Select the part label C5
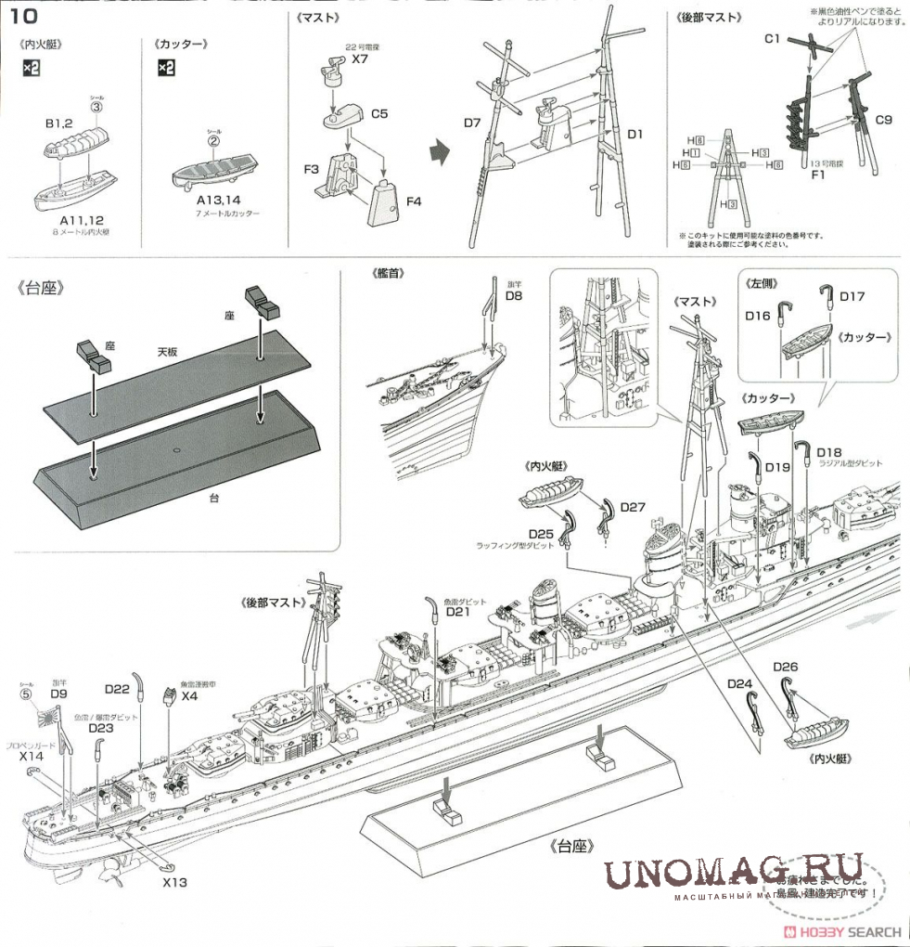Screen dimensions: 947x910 [x=378, y=113]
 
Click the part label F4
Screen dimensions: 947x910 [x=413, y=200]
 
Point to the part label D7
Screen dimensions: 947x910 [x=472, y=123]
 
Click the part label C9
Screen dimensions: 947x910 [x=882, y=119]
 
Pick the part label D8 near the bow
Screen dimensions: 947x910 [x=515, y=295]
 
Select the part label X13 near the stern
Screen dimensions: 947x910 [x=174, y=881]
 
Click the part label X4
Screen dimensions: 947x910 [x=190, y=694]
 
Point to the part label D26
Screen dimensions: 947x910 [x=785, y=667]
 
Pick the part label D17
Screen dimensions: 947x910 [x=852, y=296]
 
